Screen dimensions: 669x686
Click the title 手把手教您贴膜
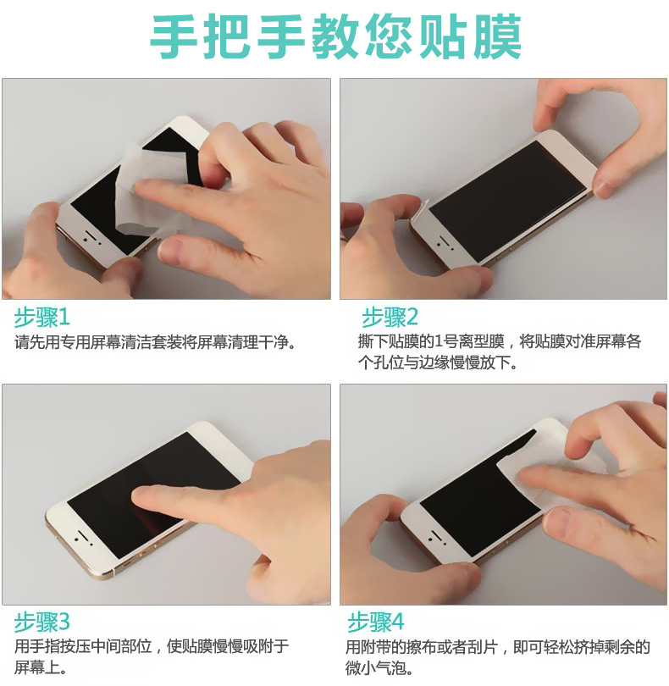pos(335,36)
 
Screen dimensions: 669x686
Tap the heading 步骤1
pos(41,318)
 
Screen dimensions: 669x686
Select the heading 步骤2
pos(390,318)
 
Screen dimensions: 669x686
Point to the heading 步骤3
pos(41,622)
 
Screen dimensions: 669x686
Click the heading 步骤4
pos(376,622)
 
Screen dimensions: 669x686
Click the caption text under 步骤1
pos(155,341)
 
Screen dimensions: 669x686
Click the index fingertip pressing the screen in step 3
pos(145,495)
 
